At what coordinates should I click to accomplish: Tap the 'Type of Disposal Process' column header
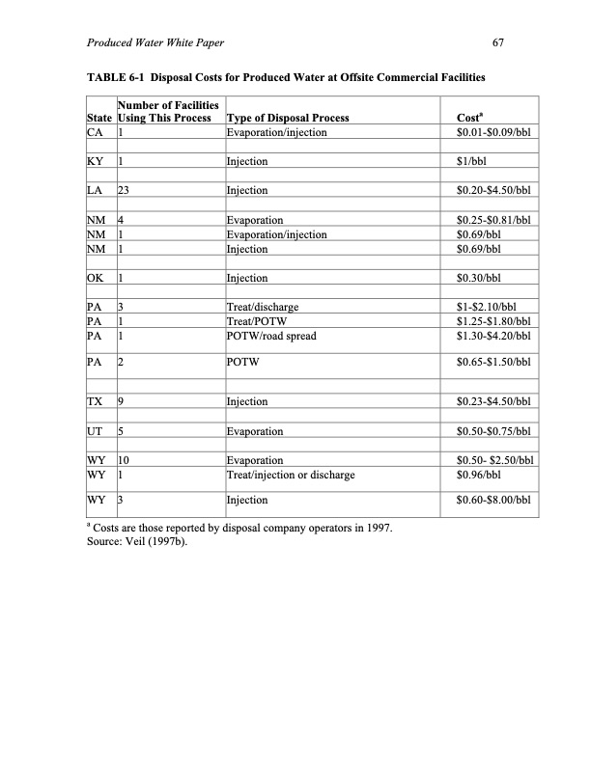287,119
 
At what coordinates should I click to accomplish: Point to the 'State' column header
97,119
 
